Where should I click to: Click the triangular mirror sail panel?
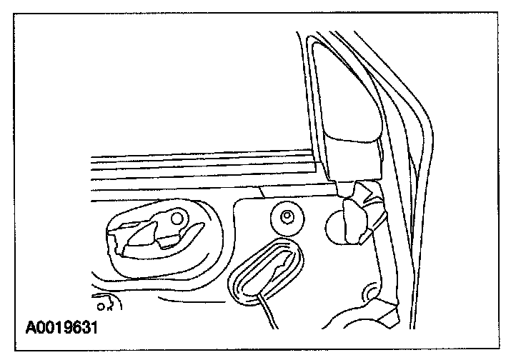[343, 107]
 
